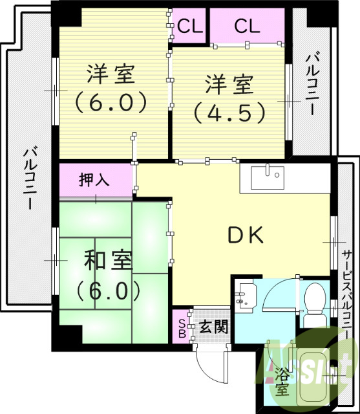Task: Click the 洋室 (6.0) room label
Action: click(111, 89)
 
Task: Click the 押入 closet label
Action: click(94, 179)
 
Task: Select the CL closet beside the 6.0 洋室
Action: click(190, 27)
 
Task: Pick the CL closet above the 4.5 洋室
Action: click(247, 27)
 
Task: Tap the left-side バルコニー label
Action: click(29, 178)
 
